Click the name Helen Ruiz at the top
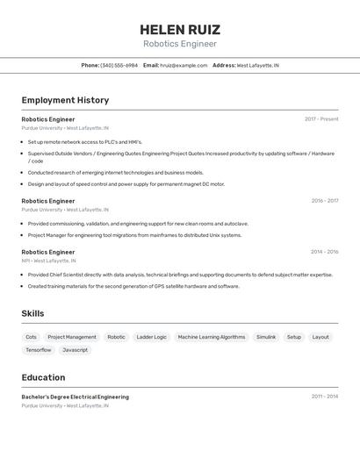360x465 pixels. tap(180, 29)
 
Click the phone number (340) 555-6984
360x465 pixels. tap(119, 66)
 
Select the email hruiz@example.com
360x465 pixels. tap(184, 66)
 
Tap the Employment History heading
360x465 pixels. tap(65, 101)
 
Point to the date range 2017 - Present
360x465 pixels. tap(321, 119)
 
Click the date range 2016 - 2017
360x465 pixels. tap(324, 201)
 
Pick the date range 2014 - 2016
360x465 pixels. tap(324, 252)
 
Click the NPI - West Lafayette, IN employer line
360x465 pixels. tap(48, 261)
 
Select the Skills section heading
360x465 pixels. tap(32, 313)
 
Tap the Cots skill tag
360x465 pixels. tap(31, 337)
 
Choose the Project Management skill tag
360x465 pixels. tap(72, 337)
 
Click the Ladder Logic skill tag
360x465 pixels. tap(151, 337)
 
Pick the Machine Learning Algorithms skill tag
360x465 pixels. tap(212, 337)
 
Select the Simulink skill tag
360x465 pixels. tap(266, 337)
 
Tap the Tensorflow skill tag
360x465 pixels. tap(38, 350)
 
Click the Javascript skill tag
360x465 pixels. tap(75, 350)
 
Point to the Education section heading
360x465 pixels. tap(43, 377)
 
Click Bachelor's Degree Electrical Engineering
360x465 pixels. tap(75, 397)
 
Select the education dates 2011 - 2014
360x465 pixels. tap(324, 397)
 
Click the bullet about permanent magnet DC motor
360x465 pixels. tap(126, 184)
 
